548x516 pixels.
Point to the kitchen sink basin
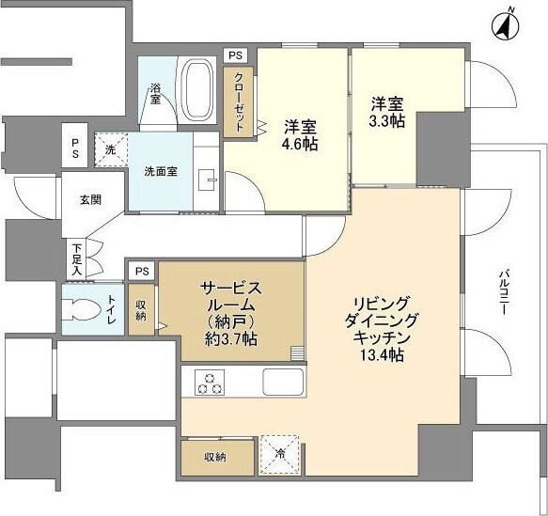click(x=281, y=383)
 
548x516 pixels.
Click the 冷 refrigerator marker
click(x=280, y=454)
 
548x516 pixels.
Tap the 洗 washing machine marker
click(x=110, y=149)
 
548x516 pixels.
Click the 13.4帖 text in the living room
click(x=381, y=354)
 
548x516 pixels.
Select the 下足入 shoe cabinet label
click(x=76, y=258)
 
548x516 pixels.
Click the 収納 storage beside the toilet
click(x=140, y=309)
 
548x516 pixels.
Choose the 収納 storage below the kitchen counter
click(x=215, y=457)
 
